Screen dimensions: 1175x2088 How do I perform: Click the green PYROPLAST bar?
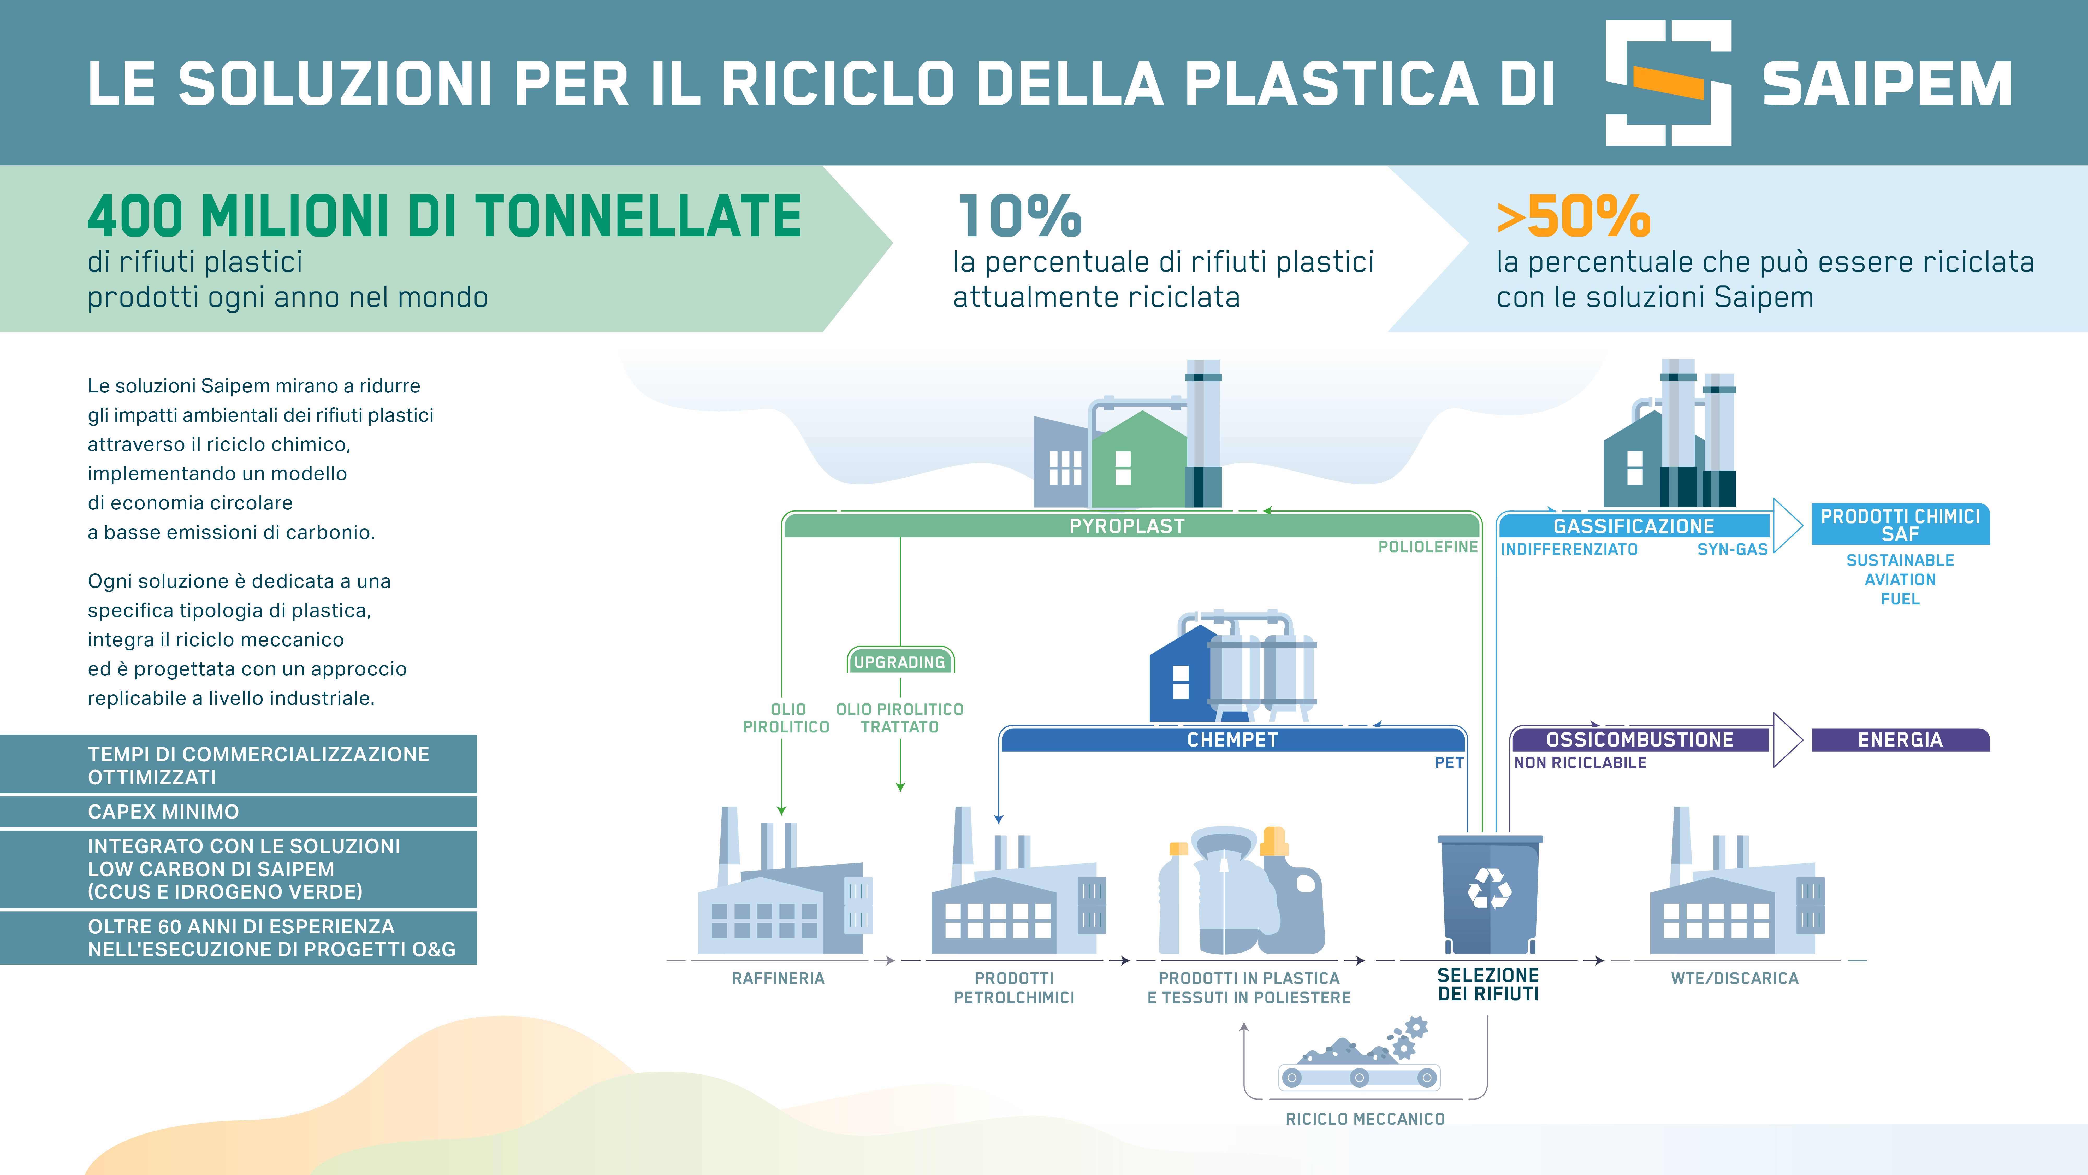(x=1127, y=525)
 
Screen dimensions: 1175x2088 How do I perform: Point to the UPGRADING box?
(x=900, y=662)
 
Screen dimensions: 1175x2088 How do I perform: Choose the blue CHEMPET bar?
(x=1232, y=739)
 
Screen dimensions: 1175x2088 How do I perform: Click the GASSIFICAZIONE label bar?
(x=1633, y=525)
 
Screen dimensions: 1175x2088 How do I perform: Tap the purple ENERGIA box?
(x=1900, y=739)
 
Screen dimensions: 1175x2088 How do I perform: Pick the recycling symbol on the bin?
(x=1489, y=889)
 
